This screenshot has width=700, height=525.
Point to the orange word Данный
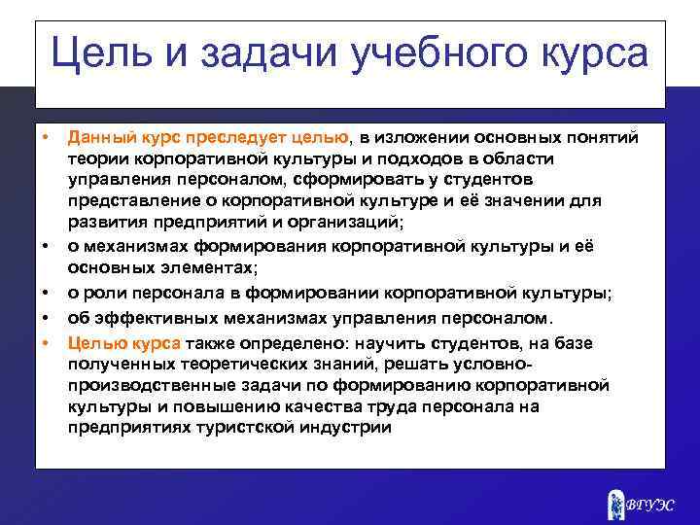[96, 139]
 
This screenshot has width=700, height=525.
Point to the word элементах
[211, 264]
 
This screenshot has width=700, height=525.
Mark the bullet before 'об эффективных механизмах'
[45, 317]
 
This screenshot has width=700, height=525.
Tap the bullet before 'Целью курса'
[45, 343]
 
